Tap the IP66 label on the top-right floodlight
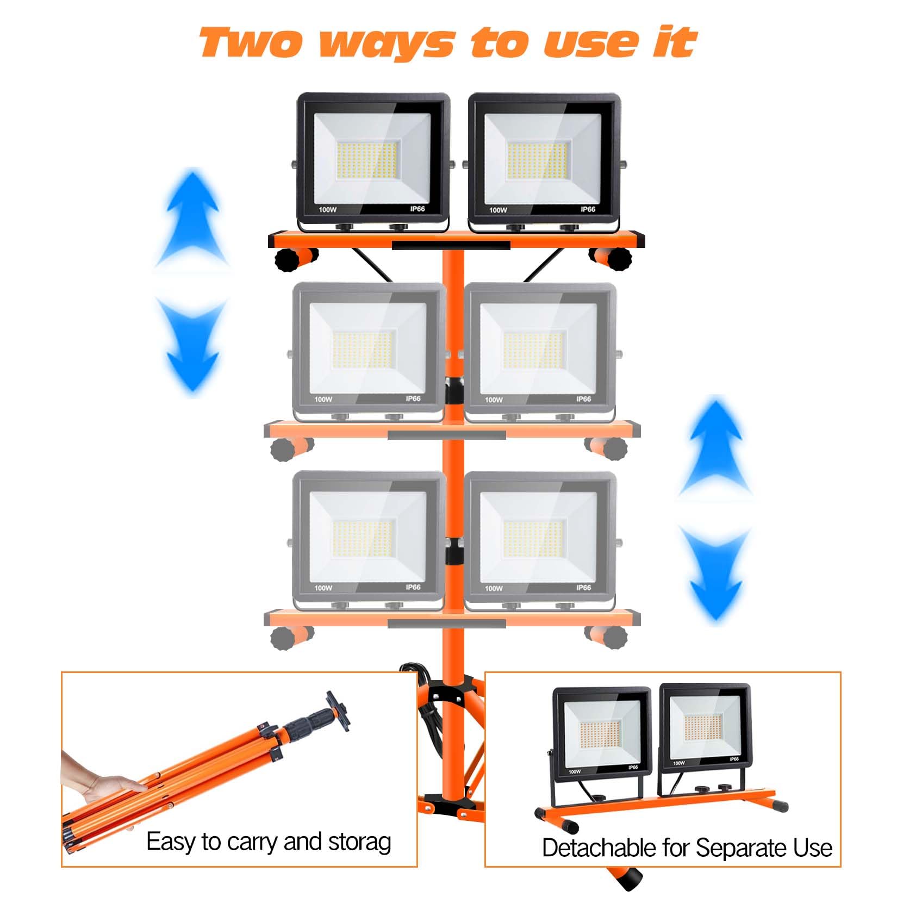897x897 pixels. click(x=587, y=209)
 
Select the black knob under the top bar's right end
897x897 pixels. click(x=619, y=259)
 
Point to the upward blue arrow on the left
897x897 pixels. click(x=192, y=217)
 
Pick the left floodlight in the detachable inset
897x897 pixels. click(x=601, y=734)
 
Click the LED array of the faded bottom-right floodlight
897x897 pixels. click(x=534, y=538)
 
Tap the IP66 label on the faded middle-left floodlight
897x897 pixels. click(x=413, y=398)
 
